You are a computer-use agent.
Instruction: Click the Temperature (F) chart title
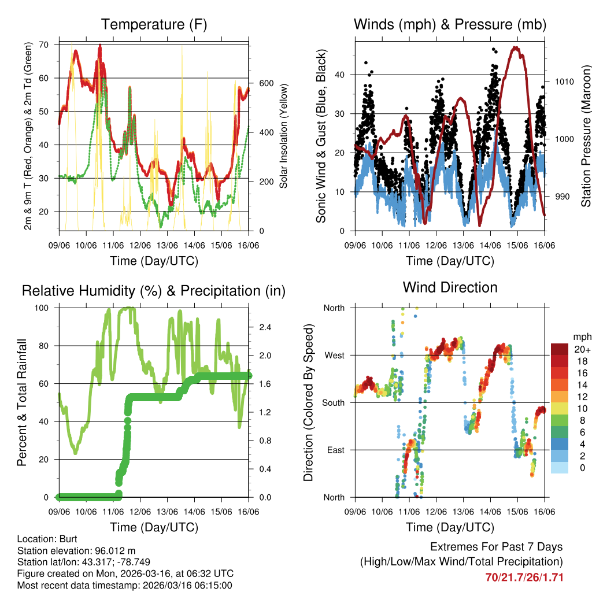click(x=154, y=24)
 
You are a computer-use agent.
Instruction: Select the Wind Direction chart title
click(x=450, y=287)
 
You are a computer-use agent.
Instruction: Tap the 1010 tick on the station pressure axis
click(x=564, y=82)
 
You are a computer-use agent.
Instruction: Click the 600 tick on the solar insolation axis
click(x=266, y=83)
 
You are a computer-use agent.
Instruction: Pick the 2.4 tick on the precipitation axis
click(x=265, y=327)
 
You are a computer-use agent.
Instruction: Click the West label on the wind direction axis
click(x=334, y=356)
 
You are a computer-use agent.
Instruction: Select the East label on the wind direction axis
click(x=335, y=450)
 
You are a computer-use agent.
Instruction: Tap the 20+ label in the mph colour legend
click(x=582, y=349)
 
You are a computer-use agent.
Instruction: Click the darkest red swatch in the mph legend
click(x=560, y=349)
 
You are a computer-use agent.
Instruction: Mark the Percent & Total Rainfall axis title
click(x=22, y=402)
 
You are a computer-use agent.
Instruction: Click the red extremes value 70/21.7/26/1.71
click(x=524, y=577)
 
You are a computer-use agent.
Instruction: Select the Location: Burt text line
click(x=43, y=539)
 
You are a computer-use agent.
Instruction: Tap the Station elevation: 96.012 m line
click(x=76, y=550)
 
